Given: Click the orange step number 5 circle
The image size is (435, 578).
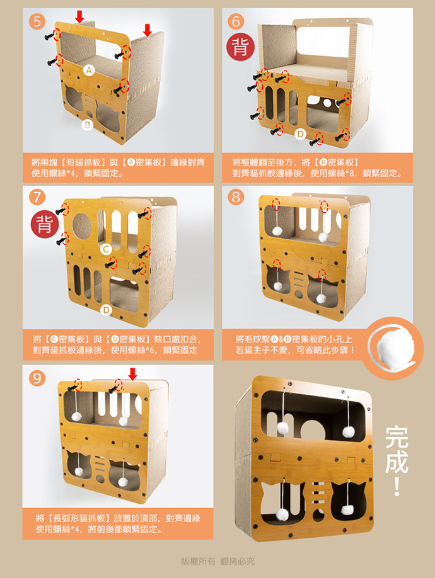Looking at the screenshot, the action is coord(37,22).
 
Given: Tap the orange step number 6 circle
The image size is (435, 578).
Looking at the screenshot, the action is coord(236,22).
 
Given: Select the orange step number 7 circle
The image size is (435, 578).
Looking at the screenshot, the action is coord(37,197).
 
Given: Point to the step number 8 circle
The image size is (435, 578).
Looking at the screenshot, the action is coord(236,197).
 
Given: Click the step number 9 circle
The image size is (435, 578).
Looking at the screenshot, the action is coord(37,378).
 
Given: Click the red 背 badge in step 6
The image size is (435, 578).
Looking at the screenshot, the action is coord(240,47).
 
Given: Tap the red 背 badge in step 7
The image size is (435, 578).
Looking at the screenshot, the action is coord(45,224).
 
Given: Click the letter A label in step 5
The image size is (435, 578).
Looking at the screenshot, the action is coord(88,70).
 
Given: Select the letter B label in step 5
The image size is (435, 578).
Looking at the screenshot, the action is coord(87,125).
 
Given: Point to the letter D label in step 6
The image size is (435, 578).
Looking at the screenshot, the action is coord(300,134).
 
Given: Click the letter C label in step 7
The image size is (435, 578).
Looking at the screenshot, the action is coord(105,249).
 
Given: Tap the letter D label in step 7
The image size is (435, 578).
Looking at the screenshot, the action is coord(106,310).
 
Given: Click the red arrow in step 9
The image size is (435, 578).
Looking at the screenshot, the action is coord(132,374).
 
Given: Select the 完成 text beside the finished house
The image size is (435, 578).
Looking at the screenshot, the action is coord(397,450).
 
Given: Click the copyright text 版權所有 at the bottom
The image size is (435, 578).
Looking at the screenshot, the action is coord(198,562).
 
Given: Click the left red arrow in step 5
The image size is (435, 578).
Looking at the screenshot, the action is coord(79,16).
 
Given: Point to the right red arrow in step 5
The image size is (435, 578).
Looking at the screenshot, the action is coord(148,30).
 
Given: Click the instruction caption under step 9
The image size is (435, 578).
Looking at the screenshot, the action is coord(118,524).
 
